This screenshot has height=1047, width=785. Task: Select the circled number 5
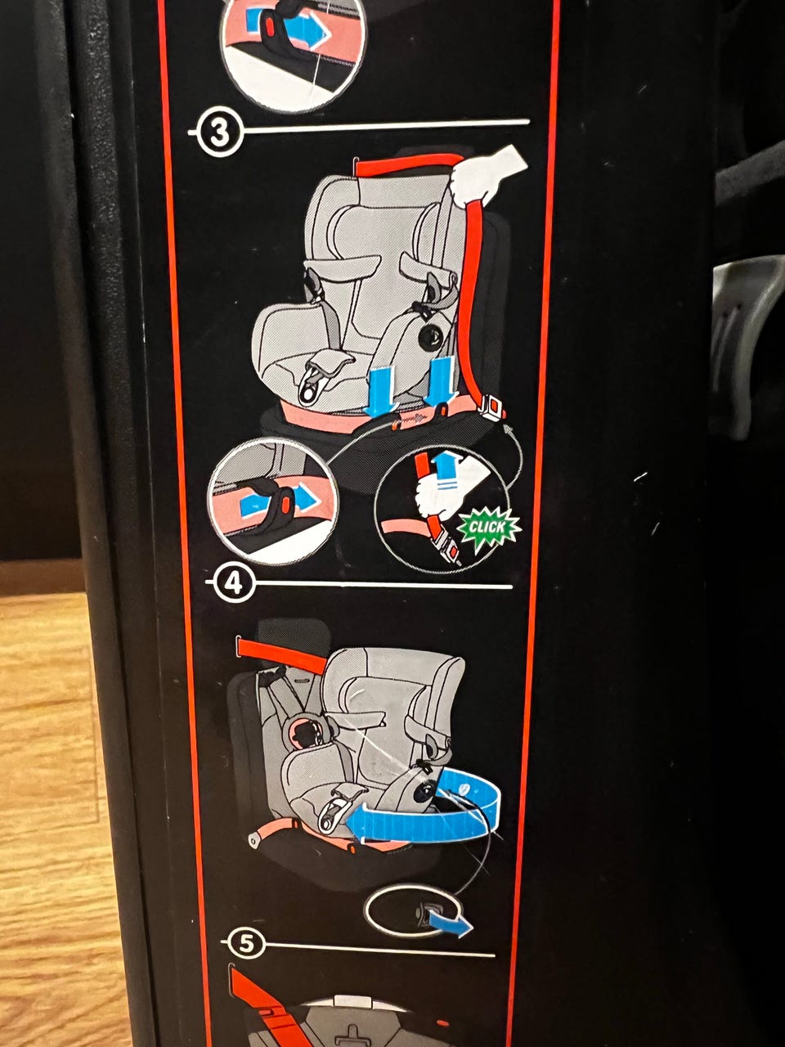click(x=246, y=943)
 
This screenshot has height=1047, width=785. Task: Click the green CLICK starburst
click(x=488, y=528)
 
